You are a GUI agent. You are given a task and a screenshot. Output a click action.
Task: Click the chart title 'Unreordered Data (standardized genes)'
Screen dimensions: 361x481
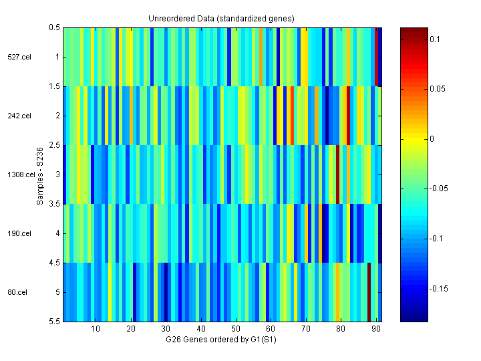pos(221,18)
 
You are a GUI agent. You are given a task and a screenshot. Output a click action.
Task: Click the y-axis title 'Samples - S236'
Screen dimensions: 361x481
pos(40,174)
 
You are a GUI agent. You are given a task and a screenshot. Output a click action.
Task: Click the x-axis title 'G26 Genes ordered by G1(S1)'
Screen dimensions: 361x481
pos(221,340)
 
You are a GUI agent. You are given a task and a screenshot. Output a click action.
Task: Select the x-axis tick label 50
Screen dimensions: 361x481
pos(235,329)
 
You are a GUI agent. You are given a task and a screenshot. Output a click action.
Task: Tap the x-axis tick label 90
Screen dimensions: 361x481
pos(375,329)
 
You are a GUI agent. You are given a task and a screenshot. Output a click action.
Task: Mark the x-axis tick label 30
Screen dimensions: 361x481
pos(166,329)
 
